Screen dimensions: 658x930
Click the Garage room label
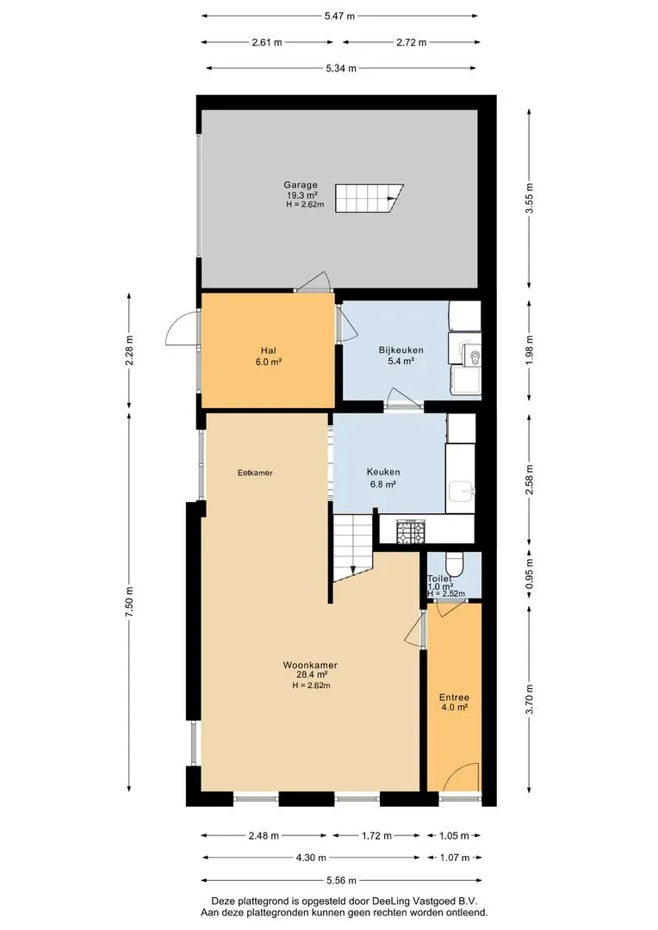click(301, 184)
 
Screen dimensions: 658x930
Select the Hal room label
click(268, 350)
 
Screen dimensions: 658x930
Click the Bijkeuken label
click(401, 350)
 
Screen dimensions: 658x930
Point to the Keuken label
click(383, 472)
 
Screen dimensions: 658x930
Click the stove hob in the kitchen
click(411, 530)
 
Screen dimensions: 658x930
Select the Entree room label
click(455, 697)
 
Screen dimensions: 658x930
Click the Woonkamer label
click(310, 665)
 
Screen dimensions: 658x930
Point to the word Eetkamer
click(255, 473)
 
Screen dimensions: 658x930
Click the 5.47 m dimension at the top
click(339, 16)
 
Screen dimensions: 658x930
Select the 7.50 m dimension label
click(128, 601)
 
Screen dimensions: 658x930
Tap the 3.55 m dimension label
click(530, 198)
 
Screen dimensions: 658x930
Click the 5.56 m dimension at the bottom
click(341, 880)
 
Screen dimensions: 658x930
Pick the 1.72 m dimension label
click(376, 835)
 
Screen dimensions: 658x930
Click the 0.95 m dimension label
click(530, 573)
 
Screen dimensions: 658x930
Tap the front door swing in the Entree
click(462, 775)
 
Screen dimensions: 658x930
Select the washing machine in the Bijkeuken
click(465, 378)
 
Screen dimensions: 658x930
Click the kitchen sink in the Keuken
click(461, 491)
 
